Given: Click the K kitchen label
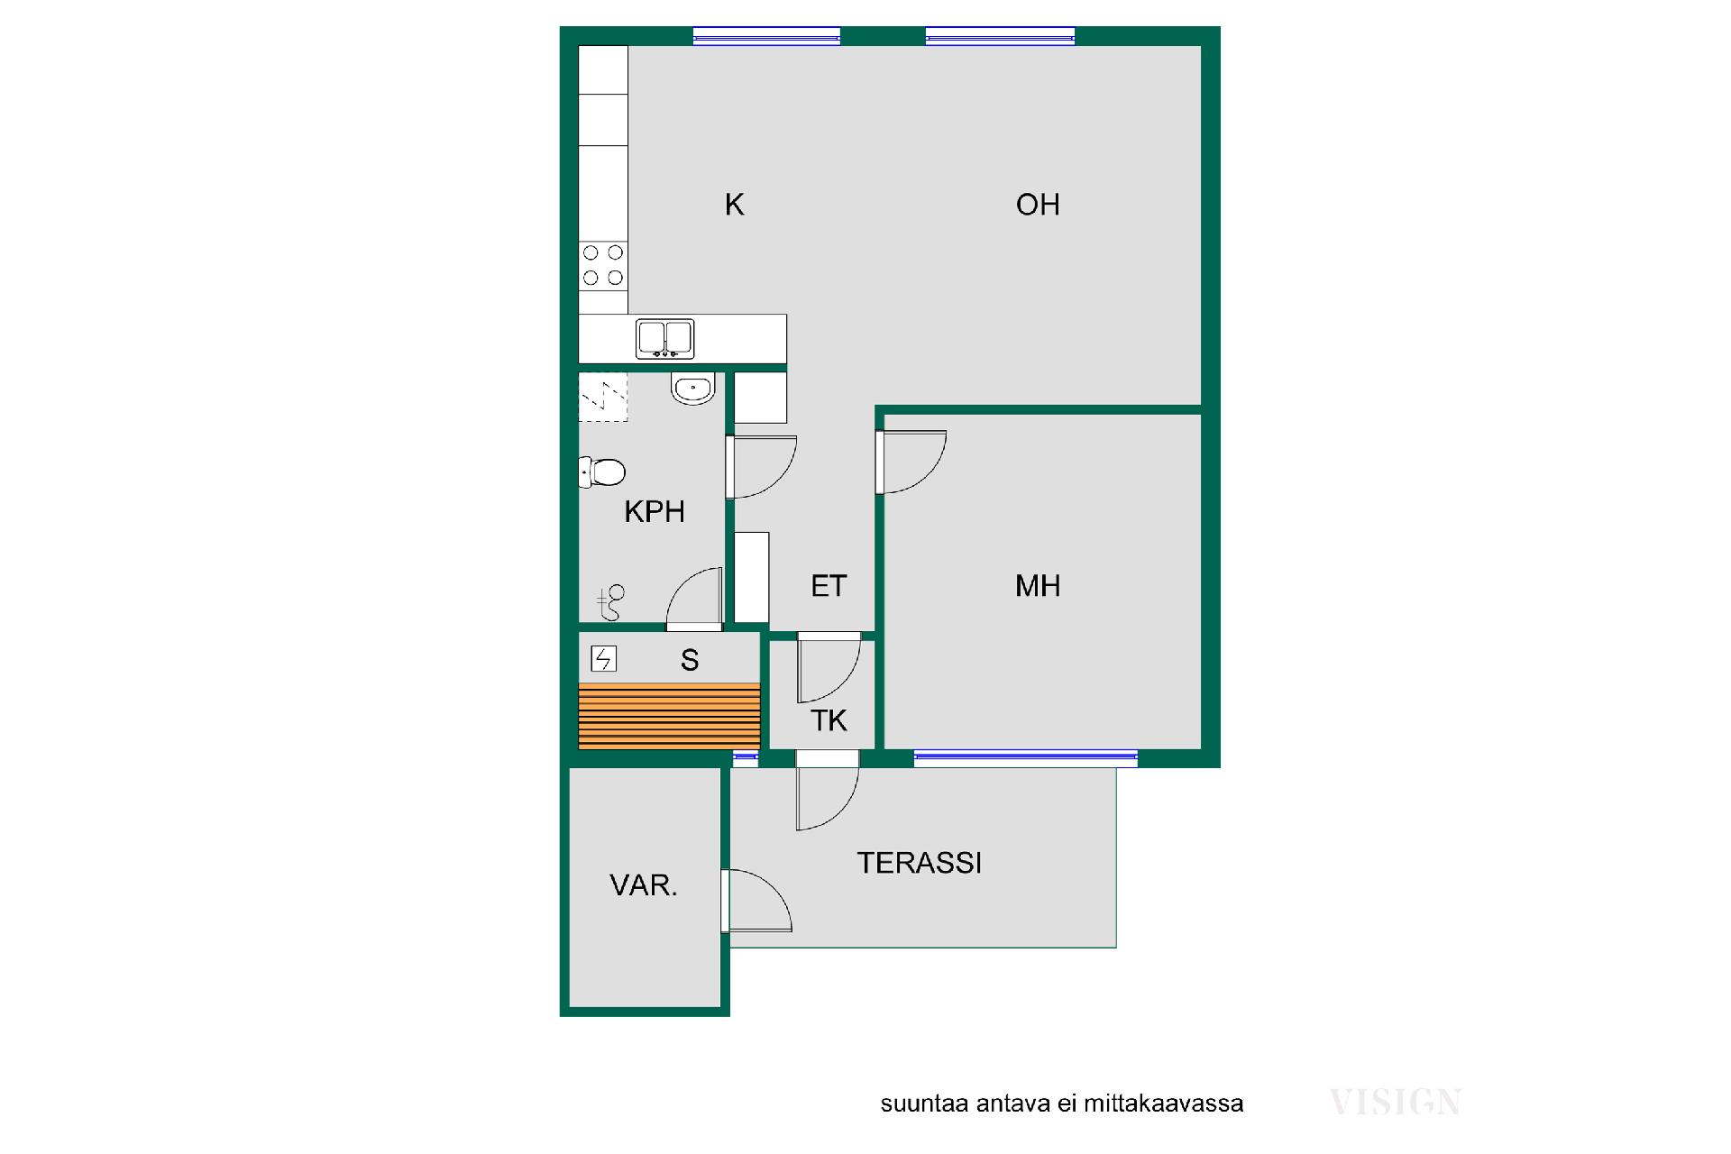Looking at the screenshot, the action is pos(734,205).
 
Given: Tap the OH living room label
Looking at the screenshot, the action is pos(1038,205).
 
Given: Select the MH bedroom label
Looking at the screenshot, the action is pos(1038,586).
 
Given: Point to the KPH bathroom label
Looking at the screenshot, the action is pos(655,512).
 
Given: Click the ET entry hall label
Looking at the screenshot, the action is pos(829,586).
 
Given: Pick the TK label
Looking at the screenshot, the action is pos(829,720).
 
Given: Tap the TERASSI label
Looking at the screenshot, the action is pos(919,863).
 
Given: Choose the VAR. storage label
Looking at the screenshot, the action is pos(644,885).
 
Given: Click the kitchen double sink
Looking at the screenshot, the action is pos(665,339).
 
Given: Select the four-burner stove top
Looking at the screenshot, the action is pos(603,265).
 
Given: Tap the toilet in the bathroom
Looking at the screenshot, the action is pos(602,472).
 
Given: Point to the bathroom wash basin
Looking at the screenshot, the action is pos(693,389).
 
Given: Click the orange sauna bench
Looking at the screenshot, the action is pos(669,717).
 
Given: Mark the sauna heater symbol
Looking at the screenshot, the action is pos(603,659).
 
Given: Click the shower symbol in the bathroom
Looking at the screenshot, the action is pos(610,602).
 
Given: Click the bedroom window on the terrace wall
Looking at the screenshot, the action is pos(1026,758).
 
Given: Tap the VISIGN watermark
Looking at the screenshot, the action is pos(1396,1102).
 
